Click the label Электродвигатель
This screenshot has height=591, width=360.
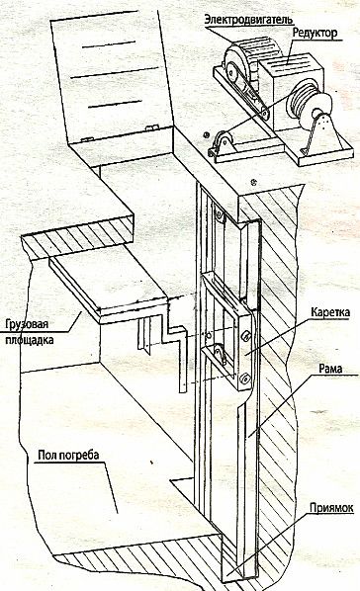pos(248,19)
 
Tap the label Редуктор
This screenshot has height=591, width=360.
pos(315,34)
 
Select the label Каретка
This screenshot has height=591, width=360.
pos(329,312)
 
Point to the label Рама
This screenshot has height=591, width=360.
pos(330,368)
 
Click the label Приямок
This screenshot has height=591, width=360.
pos(331,508)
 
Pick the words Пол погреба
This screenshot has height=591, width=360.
pos(68,455)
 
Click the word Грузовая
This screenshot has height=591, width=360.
pos(27,324)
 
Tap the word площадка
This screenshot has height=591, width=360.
pos(29,340)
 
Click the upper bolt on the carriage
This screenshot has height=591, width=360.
pos(245,335)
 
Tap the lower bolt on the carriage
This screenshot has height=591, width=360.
pos(245,379)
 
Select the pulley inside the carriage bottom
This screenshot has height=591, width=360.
pos(219,354)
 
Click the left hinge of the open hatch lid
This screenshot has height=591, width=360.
pos(87,139)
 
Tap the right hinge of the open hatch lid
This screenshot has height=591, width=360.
pos(151,127)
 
